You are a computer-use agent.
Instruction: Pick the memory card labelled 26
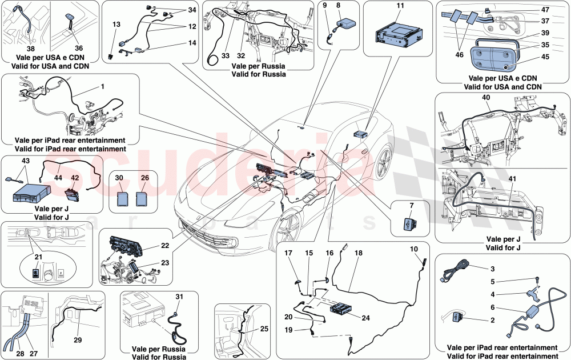[144, 199]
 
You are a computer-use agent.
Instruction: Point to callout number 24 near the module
[366, 318]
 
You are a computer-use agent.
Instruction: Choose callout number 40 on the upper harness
[486, 98]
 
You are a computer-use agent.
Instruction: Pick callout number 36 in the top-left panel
[79, 48]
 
